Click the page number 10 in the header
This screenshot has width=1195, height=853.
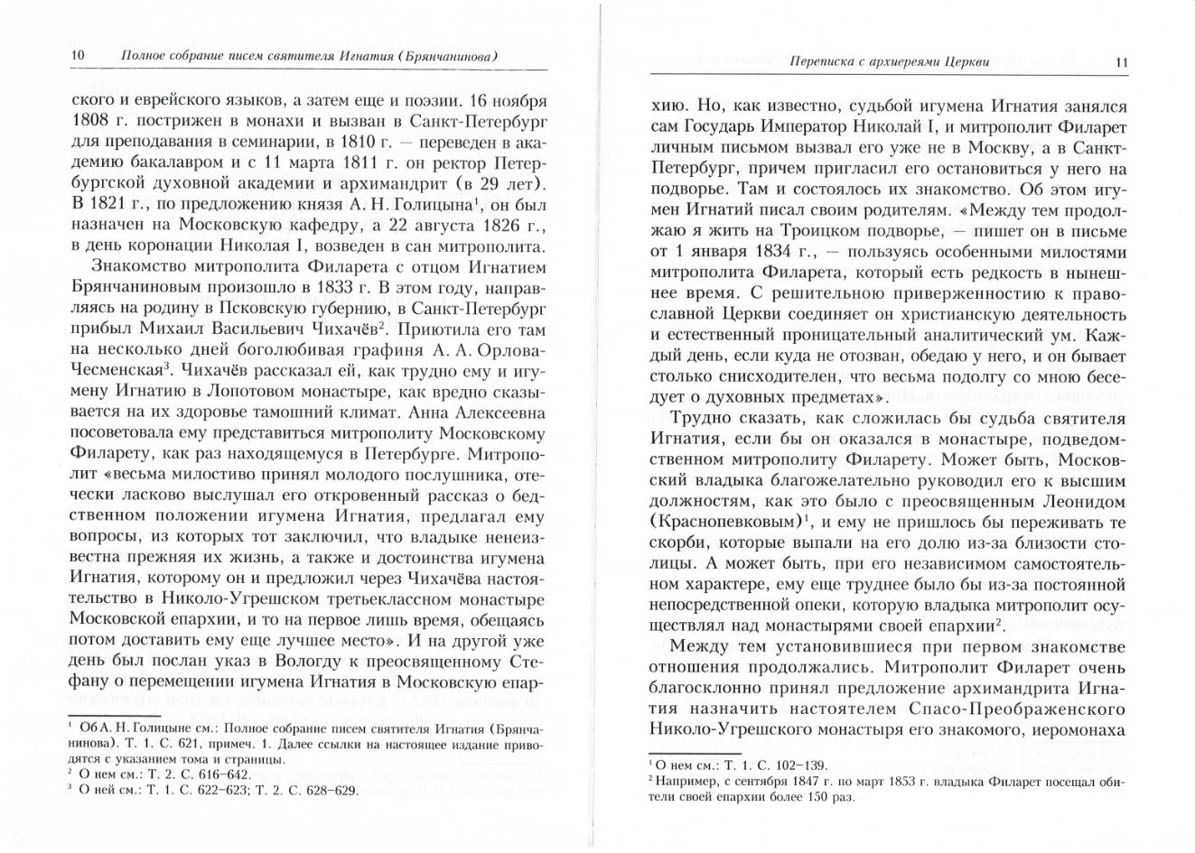[x=77, y=56]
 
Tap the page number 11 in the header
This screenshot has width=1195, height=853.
[x=1121, y=62]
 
